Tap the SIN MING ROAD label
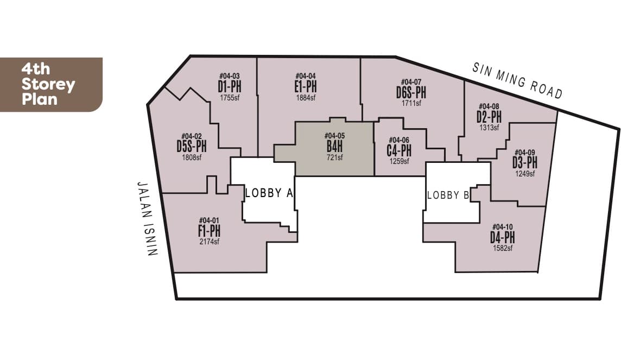[517, 81]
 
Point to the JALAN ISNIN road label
[146, 218]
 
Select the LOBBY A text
[269, 193]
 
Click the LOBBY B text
[448, 195]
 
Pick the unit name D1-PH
[229, 87]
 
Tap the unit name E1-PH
[306, 87]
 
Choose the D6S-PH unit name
[411, 92]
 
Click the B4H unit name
[334, 147]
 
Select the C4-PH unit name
[399, 150]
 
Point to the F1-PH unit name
[209, 231]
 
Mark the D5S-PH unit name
[192, 147]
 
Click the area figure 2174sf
[209, 242]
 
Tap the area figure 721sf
[334, 157]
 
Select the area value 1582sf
[502, 248]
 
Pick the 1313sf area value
[489, 128]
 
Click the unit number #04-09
[524, 153]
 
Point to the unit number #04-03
[229, 76]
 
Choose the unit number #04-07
[411, 82]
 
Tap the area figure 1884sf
[306, 98]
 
